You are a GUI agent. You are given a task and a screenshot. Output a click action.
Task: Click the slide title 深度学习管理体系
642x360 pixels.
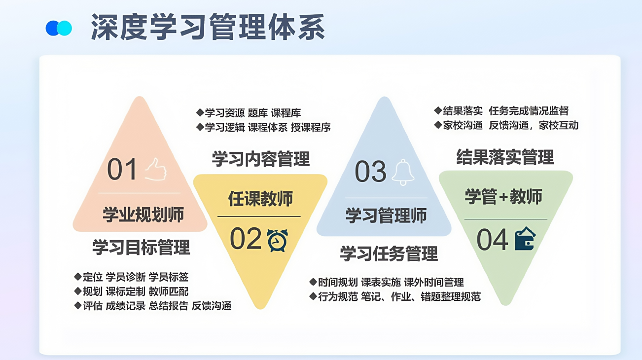click(208, 27)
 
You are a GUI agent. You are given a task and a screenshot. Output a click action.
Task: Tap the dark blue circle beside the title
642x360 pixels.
click(52, 28)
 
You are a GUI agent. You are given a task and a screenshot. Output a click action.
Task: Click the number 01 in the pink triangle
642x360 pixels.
click(122, 169)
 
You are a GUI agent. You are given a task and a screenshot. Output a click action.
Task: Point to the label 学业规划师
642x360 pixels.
click(143, 215)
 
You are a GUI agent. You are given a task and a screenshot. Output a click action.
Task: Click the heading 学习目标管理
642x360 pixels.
click(141, 248)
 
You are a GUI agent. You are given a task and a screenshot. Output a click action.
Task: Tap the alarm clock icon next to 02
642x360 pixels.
click(278, 240)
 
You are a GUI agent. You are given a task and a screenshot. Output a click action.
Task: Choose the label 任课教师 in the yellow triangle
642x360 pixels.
click(260, 199)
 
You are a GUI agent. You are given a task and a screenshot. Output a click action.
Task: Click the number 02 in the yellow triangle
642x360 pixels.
click(246, 238)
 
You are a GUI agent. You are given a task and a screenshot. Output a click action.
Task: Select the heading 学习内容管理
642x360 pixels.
click(261, 159)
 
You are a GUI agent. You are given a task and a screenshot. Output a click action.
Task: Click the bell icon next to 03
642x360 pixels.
click(403, 172)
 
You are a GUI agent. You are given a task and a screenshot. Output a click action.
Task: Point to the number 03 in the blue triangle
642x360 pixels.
click(371, 172)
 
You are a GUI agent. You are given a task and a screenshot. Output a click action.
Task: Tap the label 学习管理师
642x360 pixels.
click(386, 216)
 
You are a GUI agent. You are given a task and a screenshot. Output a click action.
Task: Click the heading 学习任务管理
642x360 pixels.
click(389, 253)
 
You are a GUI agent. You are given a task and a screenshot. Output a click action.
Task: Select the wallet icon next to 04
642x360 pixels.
click(525, 239)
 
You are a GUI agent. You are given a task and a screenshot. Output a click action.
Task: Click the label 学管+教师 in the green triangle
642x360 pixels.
click(503, 197)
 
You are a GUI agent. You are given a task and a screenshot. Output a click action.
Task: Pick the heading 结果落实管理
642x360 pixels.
click(505, 157)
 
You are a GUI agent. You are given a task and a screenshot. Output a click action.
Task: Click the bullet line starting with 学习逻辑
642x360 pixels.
click(263, 127)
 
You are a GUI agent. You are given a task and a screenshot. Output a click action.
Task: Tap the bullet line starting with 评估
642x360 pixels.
click(153, 306)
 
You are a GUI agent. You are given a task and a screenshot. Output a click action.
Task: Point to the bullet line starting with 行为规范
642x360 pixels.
click(395, 296)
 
